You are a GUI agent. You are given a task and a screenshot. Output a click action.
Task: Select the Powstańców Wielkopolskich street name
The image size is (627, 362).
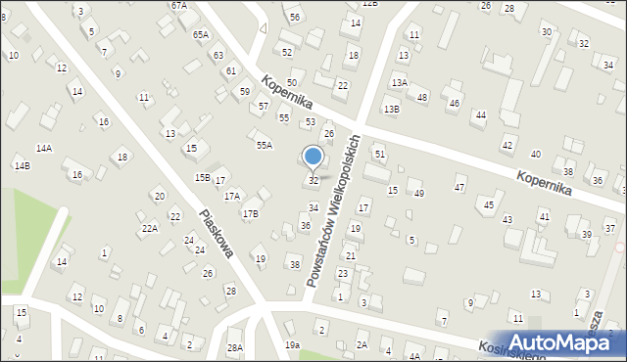point(333,210)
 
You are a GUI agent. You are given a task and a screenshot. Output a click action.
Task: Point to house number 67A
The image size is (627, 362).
point(178,5)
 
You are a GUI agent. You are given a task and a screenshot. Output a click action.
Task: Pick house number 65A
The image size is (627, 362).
point(201,34)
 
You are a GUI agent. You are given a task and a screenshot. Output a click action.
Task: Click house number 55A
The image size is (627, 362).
point(265,145)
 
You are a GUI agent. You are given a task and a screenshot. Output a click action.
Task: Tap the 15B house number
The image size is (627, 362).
point(202,177)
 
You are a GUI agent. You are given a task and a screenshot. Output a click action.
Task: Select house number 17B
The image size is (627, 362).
point(251,213)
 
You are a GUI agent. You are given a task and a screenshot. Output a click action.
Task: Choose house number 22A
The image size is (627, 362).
point(149,228)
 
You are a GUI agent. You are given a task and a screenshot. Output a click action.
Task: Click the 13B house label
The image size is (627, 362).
point(391,109)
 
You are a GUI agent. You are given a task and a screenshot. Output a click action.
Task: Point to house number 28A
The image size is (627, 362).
point(234,348)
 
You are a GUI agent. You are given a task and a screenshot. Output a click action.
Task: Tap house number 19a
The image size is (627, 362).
point(292,345)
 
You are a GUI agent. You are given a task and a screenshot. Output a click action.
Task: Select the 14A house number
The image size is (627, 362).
point(44,148)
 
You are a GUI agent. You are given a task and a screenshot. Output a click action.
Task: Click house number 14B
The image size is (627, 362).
point(22,165)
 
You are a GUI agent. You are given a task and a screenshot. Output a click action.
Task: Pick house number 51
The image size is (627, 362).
point(380,155)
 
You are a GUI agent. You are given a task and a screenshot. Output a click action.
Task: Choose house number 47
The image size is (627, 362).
point(459,186)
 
